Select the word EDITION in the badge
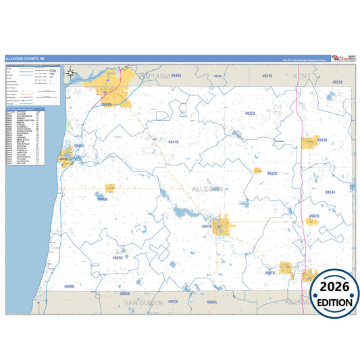click(334, 303)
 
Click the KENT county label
click(301, 76)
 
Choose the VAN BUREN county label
click(143, 302)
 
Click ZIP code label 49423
click(105, 105)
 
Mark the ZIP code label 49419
click(172, 142)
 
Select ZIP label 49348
click(321, 140)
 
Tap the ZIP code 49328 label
click(271, 174)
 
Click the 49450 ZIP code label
click(118, 257)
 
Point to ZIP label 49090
click(70, 286)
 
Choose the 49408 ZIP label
click(102, 199)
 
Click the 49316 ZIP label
click(337, 82)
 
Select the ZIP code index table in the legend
click(24, 134)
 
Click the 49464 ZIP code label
click(175, 76)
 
